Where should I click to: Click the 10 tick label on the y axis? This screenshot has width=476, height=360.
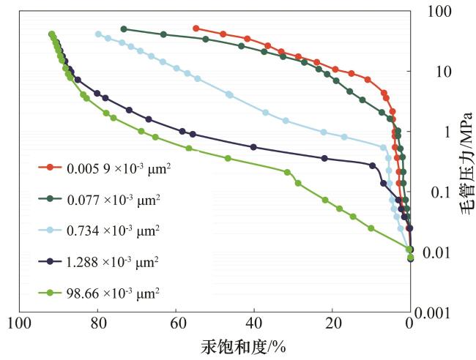(x=438, y=72)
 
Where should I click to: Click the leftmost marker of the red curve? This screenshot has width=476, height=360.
(x=196, y=29)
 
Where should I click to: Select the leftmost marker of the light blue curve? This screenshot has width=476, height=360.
(x=98, y=34)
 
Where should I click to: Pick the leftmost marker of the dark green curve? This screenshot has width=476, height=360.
(x=124, y=29)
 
